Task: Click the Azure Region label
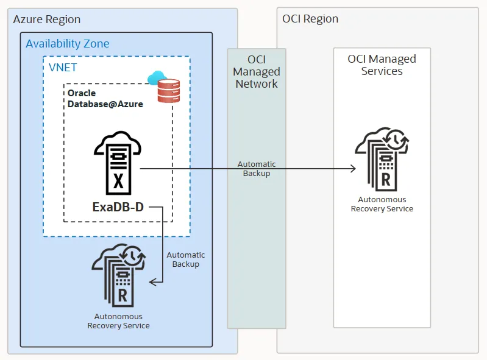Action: tap(47, 19)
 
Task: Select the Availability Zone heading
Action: tap(68, 44)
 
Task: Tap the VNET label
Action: tap(63, 68)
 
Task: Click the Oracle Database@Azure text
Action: tap(105, 99)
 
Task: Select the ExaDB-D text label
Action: tap(118, 207)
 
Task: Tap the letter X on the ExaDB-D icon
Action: tap(118, 181)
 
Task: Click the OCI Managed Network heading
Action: tap(256, 71)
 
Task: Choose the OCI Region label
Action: tap(310, 19)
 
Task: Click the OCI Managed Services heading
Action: tap(382, 65)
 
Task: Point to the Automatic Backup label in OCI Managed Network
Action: tap(256, 169)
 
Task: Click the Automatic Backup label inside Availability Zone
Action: tap(185, 259)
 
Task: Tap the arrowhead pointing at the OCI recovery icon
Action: tap(352, 169)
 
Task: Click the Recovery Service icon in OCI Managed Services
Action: tap(382, 159)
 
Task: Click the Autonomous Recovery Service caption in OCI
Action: tap(382, 204)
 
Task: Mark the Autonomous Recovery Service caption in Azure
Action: tap(118, 321)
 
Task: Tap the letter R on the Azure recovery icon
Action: tap(122, 296)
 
